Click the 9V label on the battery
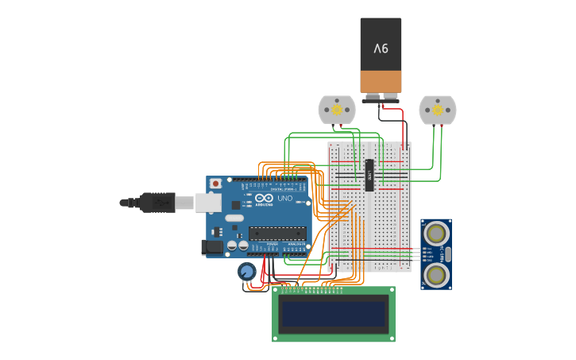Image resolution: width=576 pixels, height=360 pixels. (x=381, y=48)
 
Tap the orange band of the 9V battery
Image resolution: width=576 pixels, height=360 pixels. (x=381, y=81)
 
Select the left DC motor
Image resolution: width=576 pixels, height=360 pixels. (x=336, y=110)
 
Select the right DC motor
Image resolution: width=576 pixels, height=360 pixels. (x=437, y=110)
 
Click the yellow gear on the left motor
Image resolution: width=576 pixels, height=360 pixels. (x=336, y=109)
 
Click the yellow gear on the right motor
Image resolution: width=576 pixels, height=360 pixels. (x=437, y=110)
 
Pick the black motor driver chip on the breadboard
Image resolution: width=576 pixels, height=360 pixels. (x=369, y=175)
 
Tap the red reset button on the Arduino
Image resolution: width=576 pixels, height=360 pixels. (x=215, y=184)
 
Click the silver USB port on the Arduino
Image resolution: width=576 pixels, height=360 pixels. (x=209, y=203)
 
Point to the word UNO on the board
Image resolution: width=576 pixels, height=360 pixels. (x=284, y=198)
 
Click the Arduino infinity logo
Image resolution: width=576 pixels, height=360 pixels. (x=265, y=198)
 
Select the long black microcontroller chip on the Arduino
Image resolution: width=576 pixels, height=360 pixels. (x=277, y=234)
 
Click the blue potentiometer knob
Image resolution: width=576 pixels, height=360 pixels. (x=247, y=272)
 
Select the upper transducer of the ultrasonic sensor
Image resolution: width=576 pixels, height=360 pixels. (x=435, y=233)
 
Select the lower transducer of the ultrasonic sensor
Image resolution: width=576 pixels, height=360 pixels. (x=435, y=274)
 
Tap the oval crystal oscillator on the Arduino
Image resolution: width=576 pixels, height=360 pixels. (x=234, y=218)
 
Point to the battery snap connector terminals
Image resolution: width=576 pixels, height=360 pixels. (x=381, y=97)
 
